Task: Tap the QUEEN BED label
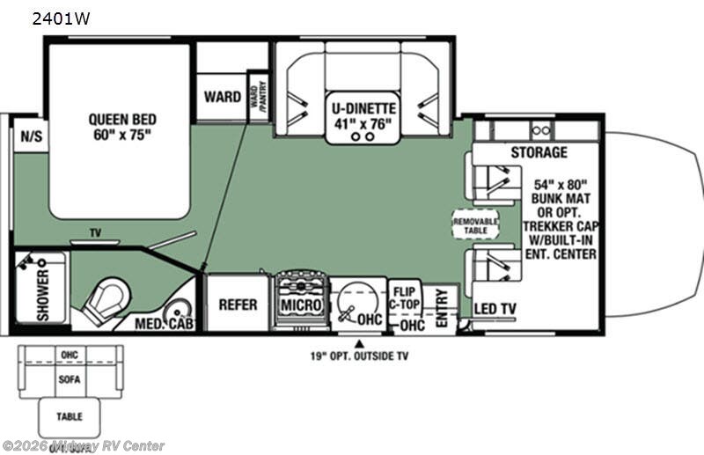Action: pos(120,127)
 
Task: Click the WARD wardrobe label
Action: pos(223,96)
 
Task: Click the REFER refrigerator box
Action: pos(238,304)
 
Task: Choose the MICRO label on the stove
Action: pos(300,305)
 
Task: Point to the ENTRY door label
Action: pos(441,307)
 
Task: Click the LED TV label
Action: pos(495,308)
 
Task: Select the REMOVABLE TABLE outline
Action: pos(475,224)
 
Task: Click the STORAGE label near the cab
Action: pos(539,152)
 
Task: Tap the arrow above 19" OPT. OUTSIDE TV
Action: pos(358,342)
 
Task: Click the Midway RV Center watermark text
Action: pos(83,446)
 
